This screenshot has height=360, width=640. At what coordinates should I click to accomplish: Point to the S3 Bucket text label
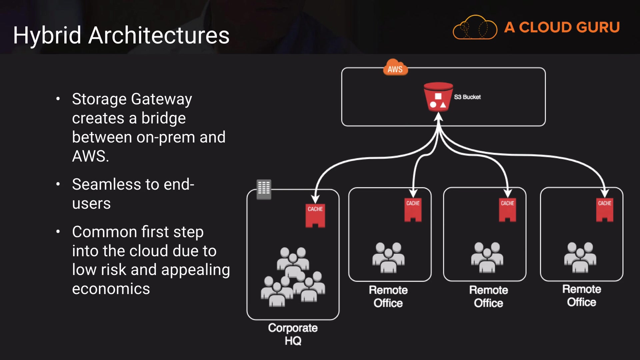pyautogui.click(x=467, y=97)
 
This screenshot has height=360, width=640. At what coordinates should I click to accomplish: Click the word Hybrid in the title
pyautogui.click(x=47, y=35)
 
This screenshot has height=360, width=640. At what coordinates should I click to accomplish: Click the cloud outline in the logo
pyautogui.click(x=475, y=28)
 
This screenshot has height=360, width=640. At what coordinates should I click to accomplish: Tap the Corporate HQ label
pyautogui.click(x=293, y=334)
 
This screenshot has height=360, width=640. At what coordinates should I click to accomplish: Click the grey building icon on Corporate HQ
pyautogui.click(x=264, y=189)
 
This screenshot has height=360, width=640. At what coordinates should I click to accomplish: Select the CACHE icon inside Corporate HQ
pyautogui.click(x=315, y=215)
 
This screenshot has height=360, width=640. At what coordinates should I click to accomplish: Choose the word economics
pyautogui.click(x=111, y=289)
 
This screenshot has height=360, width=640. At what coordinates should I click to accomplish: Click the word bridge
pyautogui.click(x=163, y=118)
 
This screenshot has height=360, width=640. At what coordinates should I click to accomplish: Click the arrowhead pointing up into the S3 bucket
pyautogui.click(x=438, y=117)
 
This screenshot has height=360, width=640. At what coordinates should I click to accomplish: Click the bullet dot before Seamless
pyautogui.click(x=58, y=184)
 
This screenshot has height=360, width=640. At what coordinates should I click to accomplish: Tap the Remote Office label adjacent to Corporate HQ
pyautogui.click(x=388, y=296)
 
